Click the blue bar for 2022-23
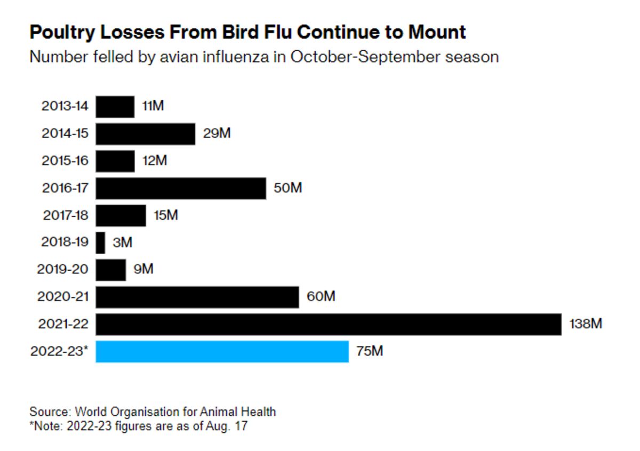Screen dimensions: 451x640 222,352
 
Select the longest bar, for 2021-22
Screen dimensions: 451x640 329,325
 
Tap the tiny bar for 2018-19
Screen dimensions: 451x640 100,243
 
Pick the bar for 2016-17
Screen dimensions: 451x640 181,188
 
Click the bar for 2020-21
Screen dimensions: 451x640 197,297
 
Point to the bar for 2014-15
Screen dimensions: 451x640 146,133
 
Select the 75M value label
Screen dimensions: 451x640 369,351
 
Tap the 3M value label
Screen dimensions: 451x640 122,243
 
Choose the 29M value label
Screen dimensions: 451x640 217,133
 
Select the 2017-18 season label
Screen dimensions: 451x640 65,216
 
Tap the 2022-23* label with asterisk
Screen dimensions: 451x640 59,352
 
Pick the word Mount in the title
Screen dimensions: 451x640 437,33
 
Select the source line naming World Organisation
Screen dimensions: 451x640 153,412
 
